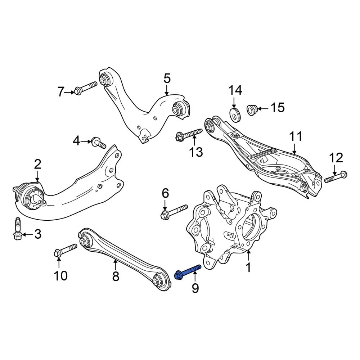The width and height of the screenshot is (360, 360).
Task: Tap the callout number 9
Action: [195, 288]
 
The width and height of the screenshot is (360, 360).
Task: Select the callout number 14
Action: [235, 90]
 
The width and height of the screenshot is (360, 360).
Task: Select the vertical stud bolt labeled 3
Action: [18, 229]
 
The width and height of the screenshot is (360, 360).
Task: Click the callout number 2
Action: [38, 164]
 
